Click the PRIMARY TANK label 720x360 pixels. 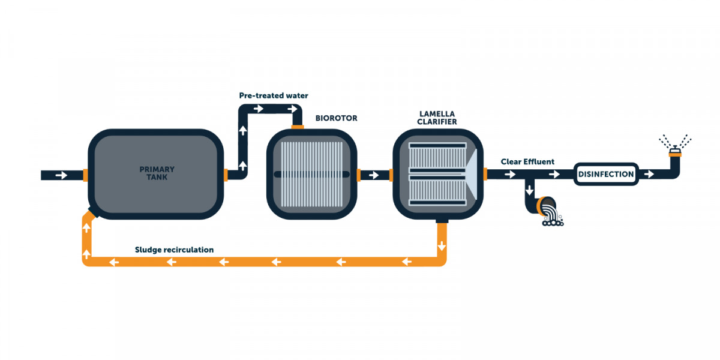pyautogui.click(x=157, y=173)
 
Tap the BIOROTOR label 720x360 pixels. pyautogui.click(x=336, y=118)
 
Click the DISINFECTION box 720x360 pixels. pyautogui.click(x=605, y=175)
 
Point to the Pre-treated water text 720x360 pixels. pyautogui.click(x=273, y=95)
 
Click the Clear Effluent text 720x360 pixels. pyautogui.click(x=528, y=161)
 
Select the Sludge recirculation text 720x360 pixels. pyautogui.click(x=174, y=250)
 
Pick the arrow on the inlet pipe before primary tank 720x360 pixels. pyautogui.click(x=61, y=175)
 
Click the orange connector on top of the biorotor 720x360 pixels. pyautogui.click(x=298, y=126)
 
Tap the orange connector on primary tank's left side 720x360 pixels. pyautogui.click(x=86, y=175)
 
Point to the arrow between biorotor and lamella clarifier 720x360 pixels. pyautogui.click(x=374, y=175)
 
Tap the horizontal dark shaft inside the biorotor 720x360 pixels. pyautogui.click(x=311, y=175)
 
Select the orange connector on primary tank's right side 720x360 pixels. pyautogui.click(x=226, y=175)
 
